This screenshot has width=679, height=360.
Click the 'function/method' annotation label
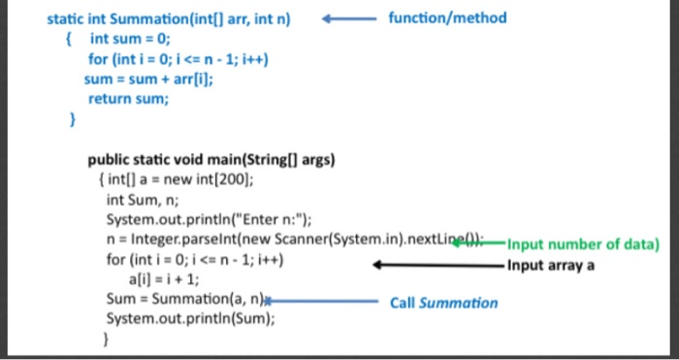tap(446, 17)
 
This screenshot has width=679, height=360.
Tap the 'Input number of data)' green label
tap(582, 244)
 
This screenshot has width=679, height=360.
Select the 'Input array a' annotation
tap(551, 266)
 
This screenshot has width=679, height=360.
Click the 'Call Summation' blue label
tap(443, 303)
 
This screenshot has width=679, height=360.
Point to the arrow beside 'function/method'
tap(347, 18)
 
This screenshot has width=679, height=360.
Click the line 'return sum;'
tap(127, 98)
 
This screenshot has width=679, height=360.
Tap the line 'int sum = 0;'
tap(130, 39)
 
